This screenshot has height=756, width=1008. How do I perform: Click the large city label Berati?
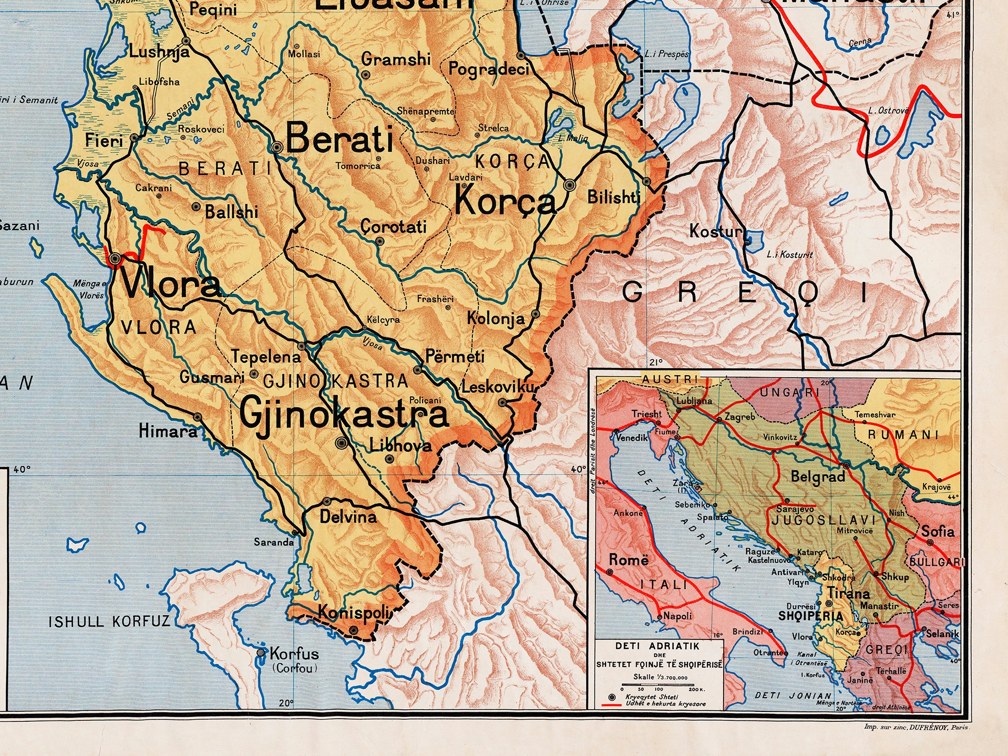pos(340,138)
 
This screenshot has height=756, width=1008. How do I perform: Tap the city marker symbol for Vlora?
pos(115,259)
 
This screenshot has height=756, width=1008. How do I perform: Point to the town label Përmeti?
pos(455,357)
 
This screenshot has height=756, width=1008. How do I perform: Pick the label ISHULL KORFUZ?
pos(110,621)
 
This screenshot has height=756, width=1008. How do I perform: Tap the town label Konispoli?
pos(354,613)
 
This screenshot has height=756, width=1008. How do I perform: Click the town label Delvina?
pos(348,516)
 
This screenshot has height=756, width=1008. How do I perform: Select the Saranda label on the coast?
pos(273,542)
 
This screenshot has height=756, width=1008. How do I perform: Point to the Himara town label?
pos(168,431)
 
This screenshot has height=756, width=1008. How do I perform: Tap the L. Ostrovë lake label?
pos(888,110)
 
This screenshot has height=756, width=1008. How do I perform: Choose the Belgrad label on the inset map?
pos(818,476)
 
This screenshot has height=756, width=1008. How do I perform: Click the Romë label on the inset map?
pos(629,560)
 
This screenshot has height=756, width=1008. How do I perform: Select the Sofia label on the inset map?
pos(937,531)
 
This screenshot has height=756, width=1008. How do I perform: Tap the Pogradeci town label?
pos(488,68)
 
